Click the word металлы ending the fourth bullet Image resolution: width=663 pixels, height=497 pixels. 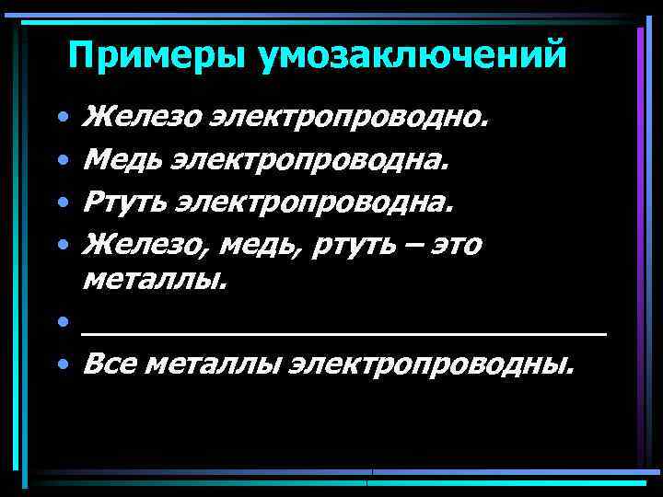154,280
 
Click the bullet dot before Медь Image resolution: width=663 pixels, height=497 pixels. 61,162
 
